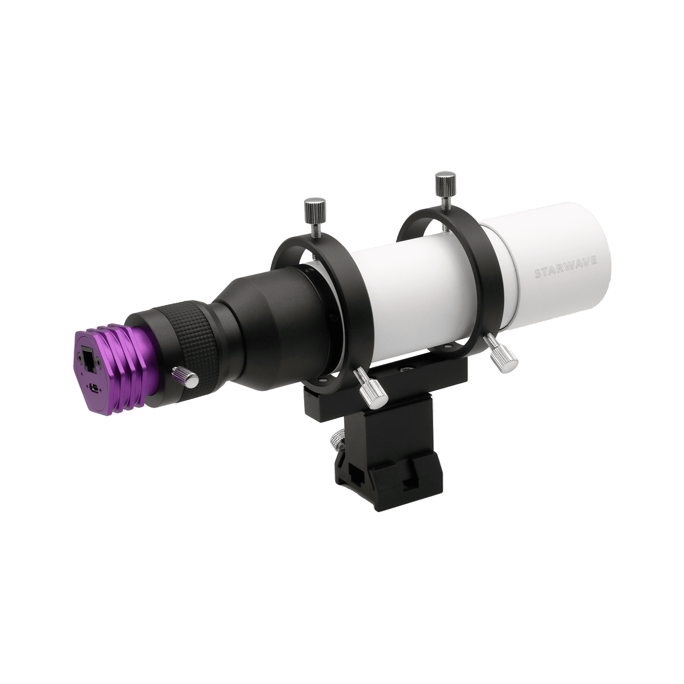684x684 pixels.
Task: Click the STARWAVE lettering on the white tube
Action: (x=572, y=271)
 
